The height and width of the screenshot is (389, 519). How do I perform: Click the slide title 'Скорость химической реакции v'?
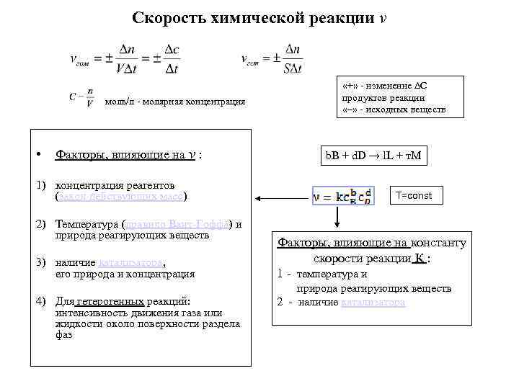pos(259,17)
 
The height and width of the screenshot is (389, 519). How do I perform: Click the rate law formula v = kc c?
pos(342,195)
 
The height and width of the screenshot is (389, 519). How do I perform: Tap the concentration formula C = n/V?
pos(81,97)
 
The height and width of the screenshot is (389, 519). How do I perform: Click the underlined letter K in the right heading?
pos(419,258)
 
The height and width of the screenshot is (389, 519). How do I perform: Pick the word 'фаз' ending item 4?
pos(63,335)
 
